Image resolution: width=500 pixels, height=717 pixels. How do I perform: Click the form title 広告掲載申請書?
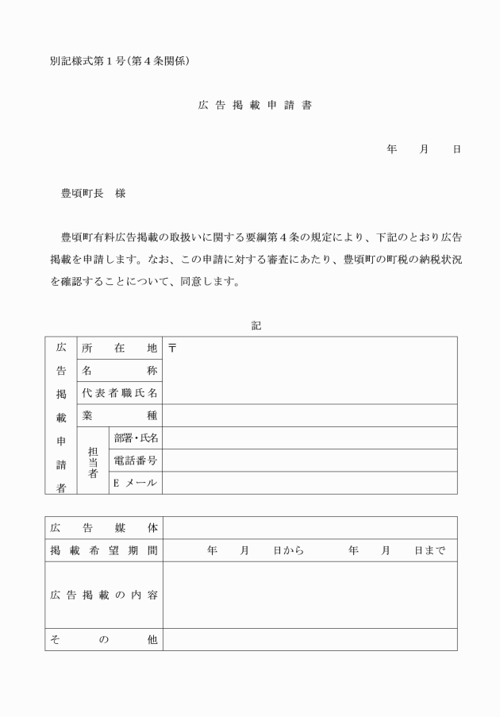[x=254, y=105]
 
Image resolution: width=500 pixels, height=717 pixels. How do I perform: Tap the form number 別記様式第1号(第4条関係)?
[x=118, y=60]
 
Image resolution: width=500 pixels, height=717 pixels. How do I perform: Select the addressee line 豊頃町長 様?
[x=93, y=193]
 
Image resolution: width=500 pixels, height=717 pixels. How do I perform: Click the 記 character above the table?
[x=256, y=326]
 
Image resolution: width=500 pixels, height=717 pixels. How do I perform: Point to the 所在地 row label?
[x=119, y=348]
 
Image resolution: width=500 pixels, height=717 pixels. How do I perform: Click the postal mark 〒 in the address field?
[x=172, y=348]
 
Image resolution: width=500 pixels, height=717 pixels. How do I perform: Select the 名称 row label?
[x=119, y=370]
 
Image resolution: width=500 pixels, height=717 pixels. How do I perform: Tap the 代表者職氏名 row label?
[x=119, y=392]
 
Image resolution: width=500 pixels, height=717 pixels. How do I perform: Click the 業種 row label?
[x=119, y=414]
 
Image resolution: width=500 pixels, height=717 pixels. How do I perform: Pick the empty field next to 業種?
[x=310, y=414]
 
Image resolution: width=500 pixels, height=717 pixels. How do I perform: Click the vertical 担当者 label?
[x=93, y=460]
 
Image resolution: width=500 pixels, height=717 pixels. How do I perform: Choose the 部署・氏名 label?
[x=136, y=438]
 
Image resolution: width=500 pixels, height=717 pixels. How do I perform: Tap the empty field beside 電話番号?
[x=310, y=460]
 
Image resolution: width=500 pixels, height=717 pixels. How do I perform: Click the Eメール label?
[x=136, y=482]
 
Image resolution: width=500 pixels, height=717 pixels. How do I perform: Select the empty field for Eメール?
[x=310, y=482]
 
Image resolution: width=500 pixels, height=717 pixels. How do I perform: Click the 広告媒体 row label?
[x=103, y=527]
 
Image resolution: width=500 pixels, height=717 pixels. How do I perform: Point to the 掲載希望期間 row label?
[x=103, y=549]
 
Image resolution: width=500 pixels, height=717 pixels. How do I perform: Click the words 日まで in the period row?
[x=429, y=549]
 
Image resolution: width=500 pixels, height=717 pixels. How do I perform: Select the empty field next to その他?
[x=310, y=639]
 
